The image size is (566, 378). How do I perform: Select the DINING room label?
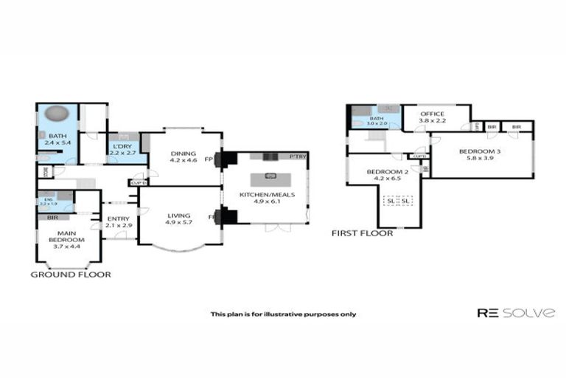tap(183, 154)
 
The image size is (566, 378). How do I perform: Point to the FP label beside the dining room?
tap(209, 159)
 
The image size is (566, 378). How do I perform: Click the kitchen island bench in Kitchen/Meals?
tap(270, 177)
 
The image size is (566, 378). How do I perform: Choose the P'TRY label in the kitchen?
tap(298, 157)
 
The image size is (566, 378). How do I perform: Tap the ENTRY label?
tap(118, 219)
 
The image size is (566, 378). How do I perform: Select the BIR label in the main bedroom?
tap(52, 218)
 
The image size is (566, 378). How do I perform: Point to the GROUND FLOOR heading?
tap(71, 274)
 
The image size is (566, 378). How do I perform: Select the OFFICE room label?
tap(432, 114)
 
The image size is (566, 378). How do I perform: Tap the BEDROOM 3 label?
tap(479, 151)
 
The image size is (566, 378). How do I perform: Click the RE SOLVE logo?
tap(515, 313)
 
